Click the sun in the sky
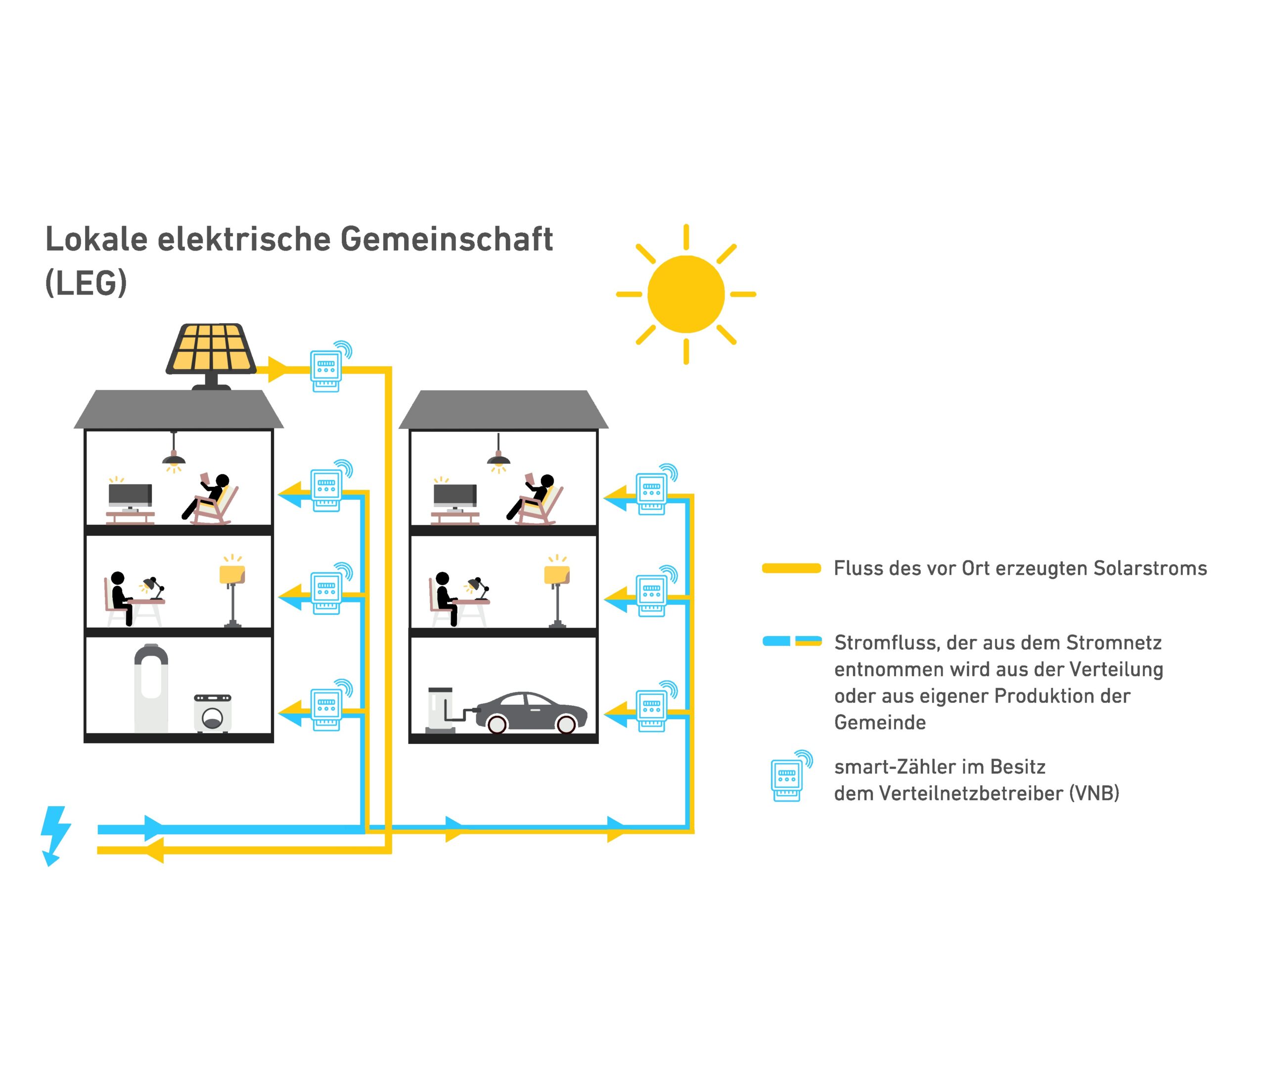coord(685,294)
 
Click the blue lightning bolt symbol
coord(55,834)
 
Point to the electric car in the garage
coord(531,712)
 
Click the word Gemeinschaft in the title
coord(446,239)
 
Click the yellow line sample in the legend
coord(791,568)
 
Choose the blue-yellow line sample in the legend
coord(791,641)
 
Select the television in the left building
coord(130,496)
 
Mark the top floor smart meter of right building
coord(652,491)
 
